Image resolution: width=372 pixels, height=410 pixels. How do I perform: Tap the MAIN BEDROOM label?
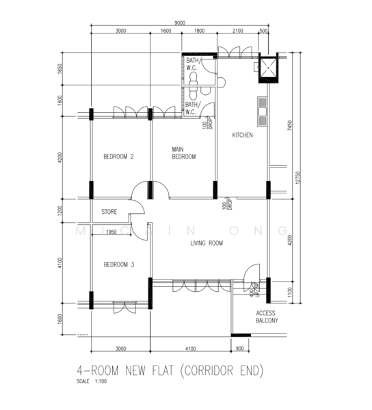coord(183,153)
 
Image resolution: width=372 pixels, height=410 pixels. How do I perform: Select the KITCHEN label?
coord(242,135)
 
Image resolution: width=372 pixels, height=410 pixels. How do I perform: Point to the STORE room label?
coord(109,212)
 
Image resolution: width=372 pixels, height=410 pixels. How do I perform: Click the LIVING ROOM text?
coord(206,243)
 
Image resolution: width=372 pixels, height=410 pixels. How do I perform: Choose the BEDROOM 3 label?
coord(118,264)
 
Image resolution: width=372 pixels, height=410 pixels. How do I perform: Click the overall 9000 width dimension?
coord(180,23)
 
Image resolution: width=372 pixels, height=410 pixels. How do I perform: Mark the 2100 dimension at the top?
coord(237,31)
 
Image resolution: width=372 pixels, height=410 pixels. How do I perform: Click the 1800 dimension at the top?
coord(199,31)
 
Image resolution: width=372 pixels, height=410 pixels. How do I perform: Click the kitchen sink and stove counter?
coord(262,112)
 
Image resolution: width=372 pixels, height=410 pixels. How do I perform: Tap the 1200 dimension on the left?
coord(61,211)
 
